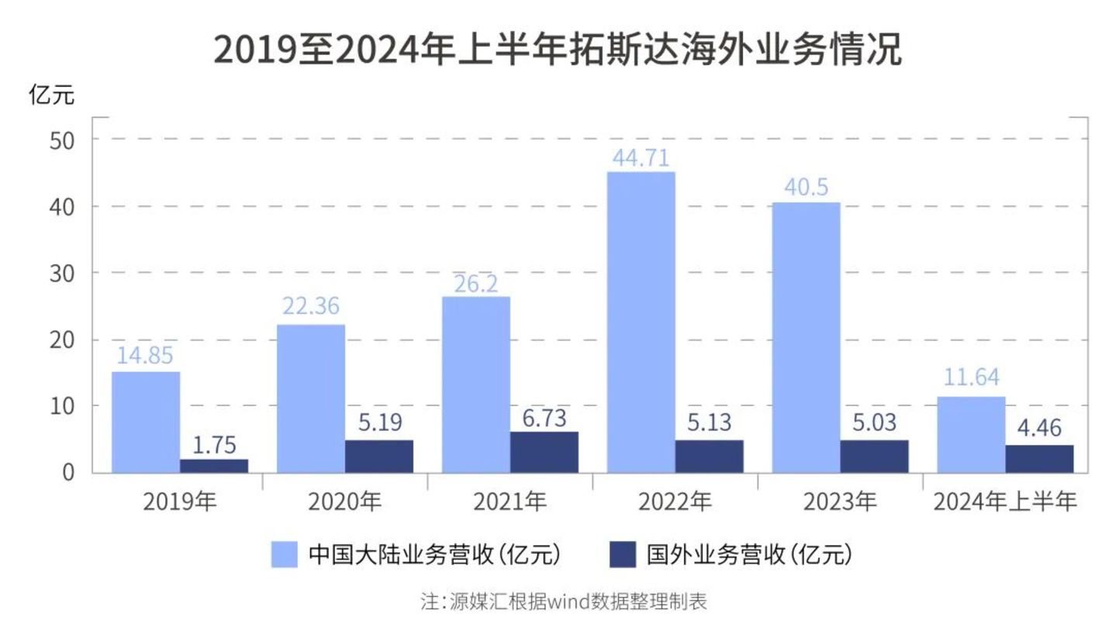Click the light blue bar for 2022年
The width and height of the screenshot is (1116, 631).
pos(641,322)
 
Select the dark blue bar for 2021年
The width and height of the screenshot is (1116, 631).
pos(544,452)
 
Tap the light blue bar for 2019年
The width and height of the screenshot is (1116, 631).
pos(146,422)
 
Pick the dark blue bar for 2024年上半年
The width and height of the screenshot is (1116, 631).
pos(1039,458)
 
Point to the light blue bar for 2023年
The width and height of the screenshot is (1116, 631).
pos(806,337)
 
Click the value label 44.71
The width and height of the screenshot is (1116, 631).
pos(641,158)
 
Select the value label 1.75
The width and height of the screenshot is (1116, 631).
pos(213,445)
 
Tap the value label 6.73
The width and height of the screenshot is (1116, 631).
pos(544,418)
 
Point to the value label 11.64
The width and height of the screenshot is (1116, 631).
pos(971,378)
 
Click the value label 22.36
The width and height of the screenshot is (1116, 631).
pos(310,306)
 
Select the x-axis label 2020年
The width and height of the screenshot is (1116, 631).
pos(345,502)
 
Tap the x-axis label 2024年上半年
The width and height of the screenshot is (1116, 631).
pos(1005,502)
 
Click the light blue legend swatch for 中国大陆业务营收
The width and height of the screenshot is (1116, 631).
pos(284,555)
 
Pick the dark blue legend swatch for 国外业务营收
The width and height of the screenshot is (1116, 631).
pos(623,555)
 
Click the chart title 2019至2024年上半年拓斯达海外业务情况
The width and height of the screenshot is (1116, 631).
pos(558,50)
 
